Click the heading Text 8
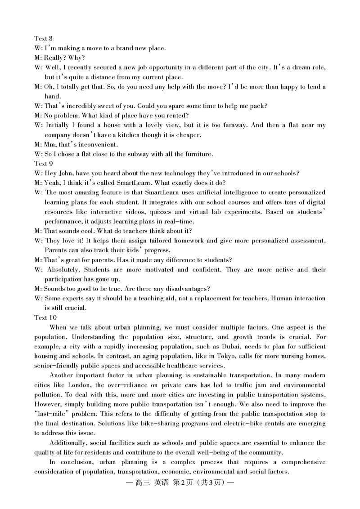tap(43, 39)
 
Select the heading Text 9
tap(43, 164)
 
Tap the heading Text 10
tap(45, 317)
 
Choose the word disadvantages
tap(186, 289)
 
